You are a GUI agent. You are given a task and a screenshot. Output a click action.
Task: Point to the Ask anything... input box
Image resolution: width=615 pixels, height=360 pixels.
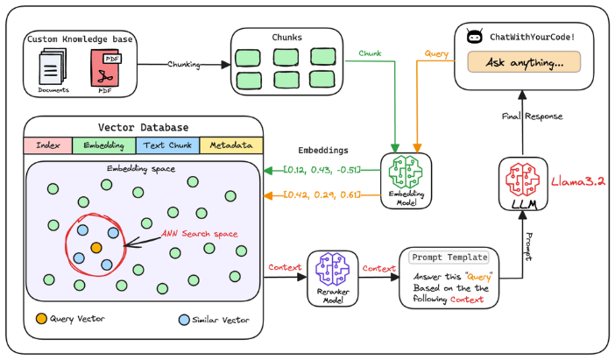[524, 62]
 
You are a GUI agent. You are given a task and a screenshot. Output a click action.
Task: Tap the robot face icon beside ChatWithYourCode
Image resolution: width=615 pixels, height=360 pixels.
[475, 38]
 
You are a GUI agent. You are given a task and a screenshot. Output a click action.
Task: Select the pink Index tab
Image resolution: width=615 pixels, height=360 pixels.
[47, 145]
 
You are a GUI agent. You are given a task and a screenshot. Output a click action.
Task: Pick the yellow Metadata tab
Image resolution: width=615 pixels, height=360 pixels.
[231, 145]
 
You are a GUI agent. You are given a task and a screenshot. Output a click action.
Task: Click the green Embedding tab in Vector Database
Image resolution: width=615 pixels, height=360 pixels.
[103, 145]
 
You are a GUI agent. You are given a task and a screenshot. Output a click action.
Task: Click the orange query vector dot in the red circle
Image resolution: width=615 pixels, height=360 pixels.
[96, 248]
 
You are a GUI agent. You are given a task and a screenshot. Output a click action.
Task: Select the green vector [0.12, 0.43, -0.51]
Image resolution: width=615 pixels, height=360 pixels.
[322, 168]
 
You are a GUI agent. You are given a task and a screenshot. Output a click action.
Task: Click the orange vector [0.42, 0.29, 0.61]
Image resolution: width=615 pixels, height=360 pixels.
[322, 194]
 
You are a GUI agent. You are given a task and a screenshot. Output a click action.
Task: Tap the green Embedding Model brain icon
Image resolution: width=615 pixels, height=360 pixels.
[406, 175]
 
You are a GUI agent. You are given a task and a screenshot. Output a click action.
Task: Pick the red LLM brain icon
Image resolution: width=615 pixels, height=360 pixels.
[522, 180]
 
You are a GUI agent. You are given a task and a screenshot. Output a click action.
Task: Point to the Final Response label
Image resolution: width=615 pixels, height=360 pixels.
[531, 116]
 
